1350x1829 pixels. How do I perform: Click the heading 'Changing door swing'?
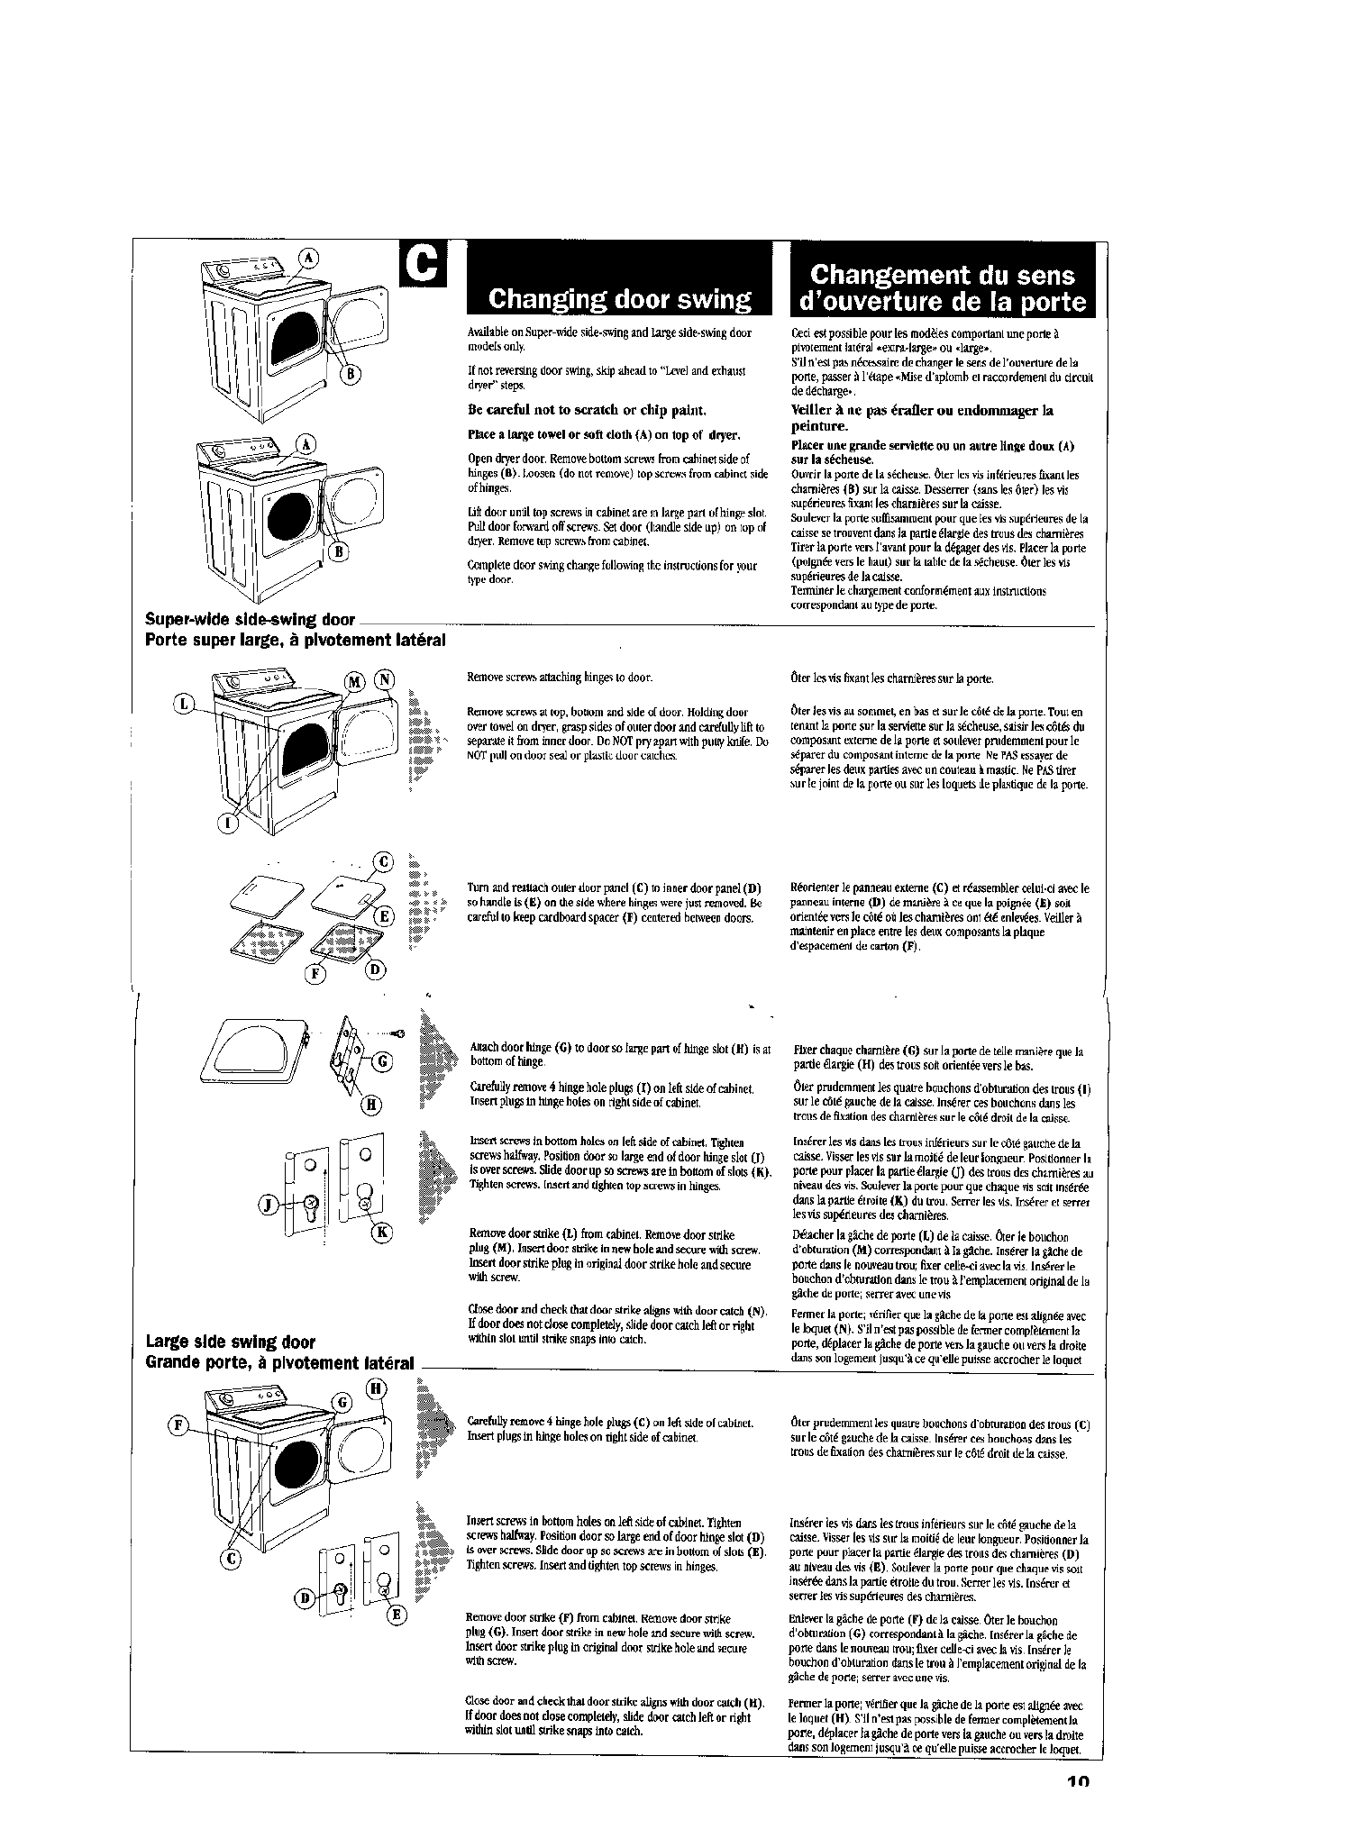[x=618, y=299]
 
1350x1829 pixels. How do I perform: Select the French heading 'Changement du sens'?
[x=942, y=274]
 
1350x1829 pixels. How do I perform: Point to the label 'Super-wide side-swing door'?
[x=251, y=620]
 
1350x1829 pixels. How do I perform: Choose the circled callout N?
[x=386, y=680]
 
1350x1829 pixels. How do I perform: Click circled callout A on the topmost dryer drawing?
[x=309, y=258]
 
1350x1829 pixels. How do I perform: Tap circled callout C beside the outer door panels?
[x=383, y=861]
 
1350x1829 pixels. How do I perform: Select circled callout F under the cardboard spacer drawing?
[x=316, y=974]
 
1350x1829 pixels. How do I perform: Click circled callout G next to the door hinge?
[x=381, y=1060]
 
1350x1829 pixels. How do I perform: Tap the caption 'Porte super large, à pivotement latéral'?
[x=296, y=640]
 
